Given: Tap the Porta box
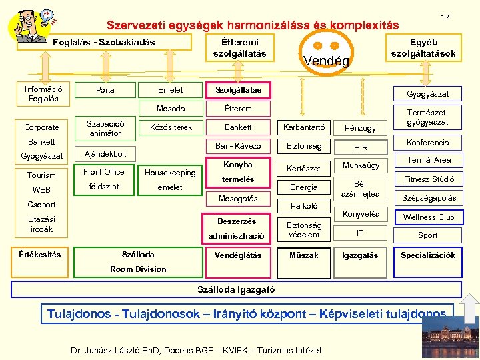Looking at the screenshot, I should pos(105,90).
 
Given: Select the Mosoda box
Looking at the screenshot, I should pos(171,108).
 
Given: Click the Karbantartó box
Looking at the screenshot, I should pos(305,127).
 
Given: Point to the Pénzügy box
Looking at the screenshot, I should pos(361,127).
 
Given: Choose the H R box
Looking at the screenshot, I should pos(361,147).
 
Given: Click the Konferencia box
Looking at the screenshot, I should pos(427,143).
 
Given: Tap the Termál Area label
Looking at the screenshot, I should pos(429,160).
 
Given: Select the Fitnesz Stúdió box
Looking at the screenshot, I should pos(429,179).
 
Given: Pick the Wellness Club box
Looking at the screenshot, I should pos(429,217).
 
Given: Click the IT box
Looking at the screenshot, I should pos(361,233).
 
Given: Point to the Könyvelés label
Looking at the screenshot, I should pos(361,214).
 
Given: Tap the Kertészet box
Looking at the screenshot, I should pos(304,169).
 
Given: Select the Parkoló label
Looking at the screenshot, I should pos(304,206).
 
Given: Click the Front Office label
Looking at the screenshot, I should pos(104,172).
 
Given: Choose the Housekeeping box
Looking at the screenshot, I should pos(170,173).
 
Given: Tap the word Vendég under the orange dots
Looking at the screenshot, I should pos(326,61).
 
